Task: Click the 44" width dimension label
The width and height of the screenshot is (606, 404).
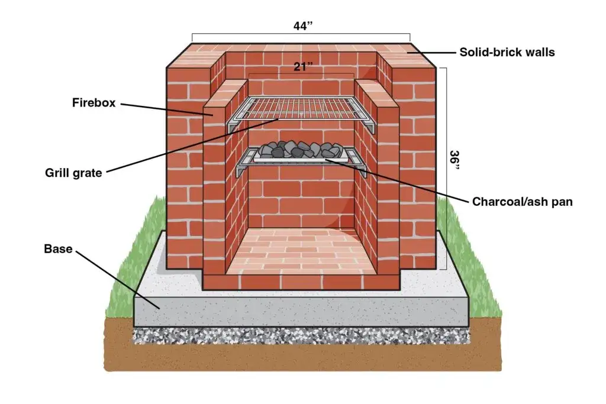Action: tap(303, 27)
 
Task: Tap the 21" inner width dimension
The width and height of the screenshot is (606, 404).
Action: tap(302, 67)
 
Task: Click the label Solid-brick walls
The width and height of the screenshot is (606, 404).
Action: tap(507, 52)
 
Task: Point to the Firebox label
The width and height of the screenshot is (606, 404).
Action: tap(92, 103)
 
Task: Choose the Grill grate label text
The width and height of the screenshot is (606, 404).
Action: tap(73, 173)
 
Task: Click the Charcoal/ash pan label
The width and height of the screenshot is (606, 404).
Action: tap(522, 202)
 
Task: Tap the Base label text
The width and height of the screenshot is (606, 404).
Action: tap(58, 249)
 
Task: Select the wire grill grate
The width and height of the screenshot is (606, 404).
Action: tap(302, 108)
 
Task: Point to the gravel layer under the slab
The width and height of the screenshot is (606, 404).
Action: tap(302, 336)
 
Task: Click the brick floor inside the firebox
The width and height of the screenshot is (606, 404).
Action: tap(302, 248)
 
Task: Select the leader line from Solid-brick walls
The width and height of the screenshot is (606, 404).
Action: tap(432, 52)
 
